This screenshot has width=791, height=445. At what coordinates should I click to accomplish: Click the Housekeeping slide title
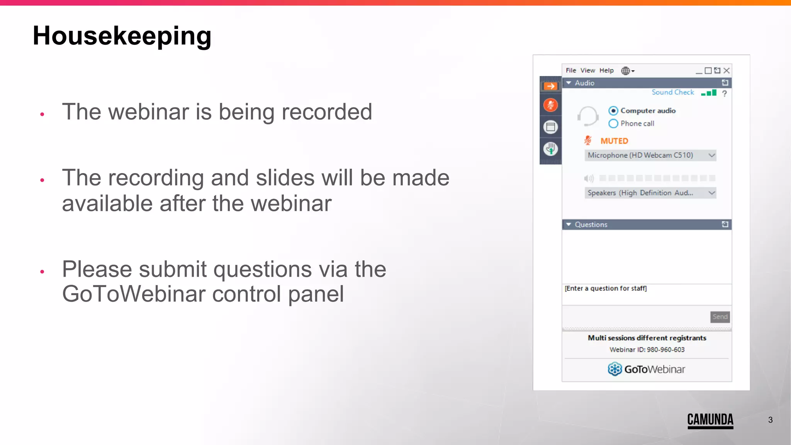click(122, 36)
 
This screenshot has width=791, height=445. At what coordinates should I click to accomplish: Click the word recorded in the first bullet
click(327, 112)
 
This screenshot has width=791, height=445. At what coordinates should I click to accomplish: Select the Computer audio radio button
click(613, 111)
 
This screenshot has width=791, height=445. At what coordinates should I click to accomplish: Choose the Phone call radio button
click(613, 124)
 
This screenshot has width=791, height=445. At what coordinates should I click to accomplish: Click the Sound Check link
click(672, 92)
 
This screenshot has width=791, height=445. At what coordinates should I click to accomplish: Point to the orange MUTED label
click(614, 141)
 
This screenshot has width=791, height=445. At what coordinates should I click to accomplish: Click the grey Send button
click(720, 317)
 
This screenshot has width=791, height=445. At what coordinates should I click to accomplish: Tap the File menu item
click(570, 70)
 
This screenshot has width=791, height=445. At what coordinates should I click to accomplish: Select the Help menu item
click(606, 70)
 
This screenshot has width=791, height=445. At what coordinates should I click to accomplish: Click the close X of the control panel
click(726, 70)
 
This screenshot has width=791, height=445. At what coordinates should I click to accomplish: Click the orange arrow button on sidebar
click(550, 86)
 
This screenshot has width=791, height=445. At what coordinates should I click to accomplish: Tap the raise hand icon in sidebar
click(550, 149)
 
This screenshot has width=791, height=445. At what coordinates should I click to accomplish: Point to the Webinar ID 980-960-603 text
click(647, 350)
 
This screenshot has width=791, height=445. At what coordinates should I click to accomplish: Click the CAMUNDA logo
click(710, 420)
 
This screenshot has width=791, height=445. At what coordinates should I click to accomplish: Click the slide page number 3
click(770, 420)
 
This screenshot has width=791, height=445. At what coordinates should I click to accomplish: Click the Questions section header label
click(591, 224)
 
